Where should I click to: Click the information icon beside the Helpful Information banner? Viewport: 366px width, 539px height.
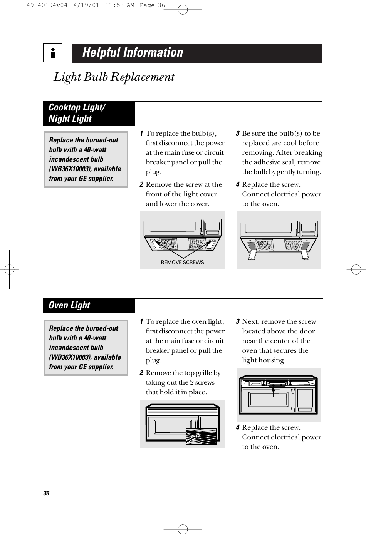tap(53, 53)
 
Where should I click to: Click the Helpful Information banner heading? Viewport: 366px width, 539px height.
tap(133, 52)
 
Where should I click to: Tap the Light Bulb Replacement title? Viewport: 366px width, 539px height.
tap(114, 77)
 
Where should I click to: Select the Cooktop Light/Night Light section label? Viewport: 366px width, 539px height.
tap(76, 113)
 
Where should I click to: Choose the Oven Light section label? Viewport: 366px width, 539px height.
tap(69, 305)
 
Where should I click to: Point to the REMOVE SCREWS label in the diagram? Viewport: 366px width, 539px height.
tap(182, 262)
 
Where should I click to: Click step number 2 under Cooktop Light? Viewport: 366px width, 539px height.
tap(142, 185)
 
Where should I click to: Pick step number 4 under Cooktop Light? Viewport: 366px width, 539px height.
tap(238, 185)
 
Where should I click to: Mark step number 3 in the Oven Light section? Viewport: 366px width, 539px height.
tap(238, 321)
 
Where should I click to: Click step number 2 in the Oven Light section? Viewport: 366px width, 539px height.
tap(142, 373)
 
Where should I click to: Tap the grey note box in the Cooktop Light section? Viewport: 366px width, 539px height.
tap(86, 159)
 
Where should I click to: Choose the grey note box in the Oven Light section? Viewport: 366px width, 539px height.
tap(86, 348)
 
